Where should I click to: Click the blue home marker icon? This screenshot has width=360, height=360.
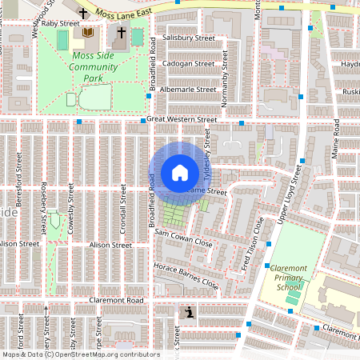[x=180, y=172]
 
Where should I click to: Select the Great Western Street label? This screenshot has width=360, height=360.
[x=182, y=120]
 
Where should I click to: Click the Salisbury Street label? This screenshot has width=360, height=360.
[x=188, y=38]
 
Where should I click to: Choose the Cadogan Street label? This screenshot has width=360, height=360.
[x=187, y=64]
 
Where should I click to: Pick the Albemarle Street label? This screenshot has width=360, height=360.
[x=187, y=90]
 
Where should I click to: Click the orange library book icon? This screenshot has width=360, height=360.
[x=87, y=33]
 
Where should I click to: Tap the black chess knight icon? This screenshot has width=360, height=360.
[x=189, y=313]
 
